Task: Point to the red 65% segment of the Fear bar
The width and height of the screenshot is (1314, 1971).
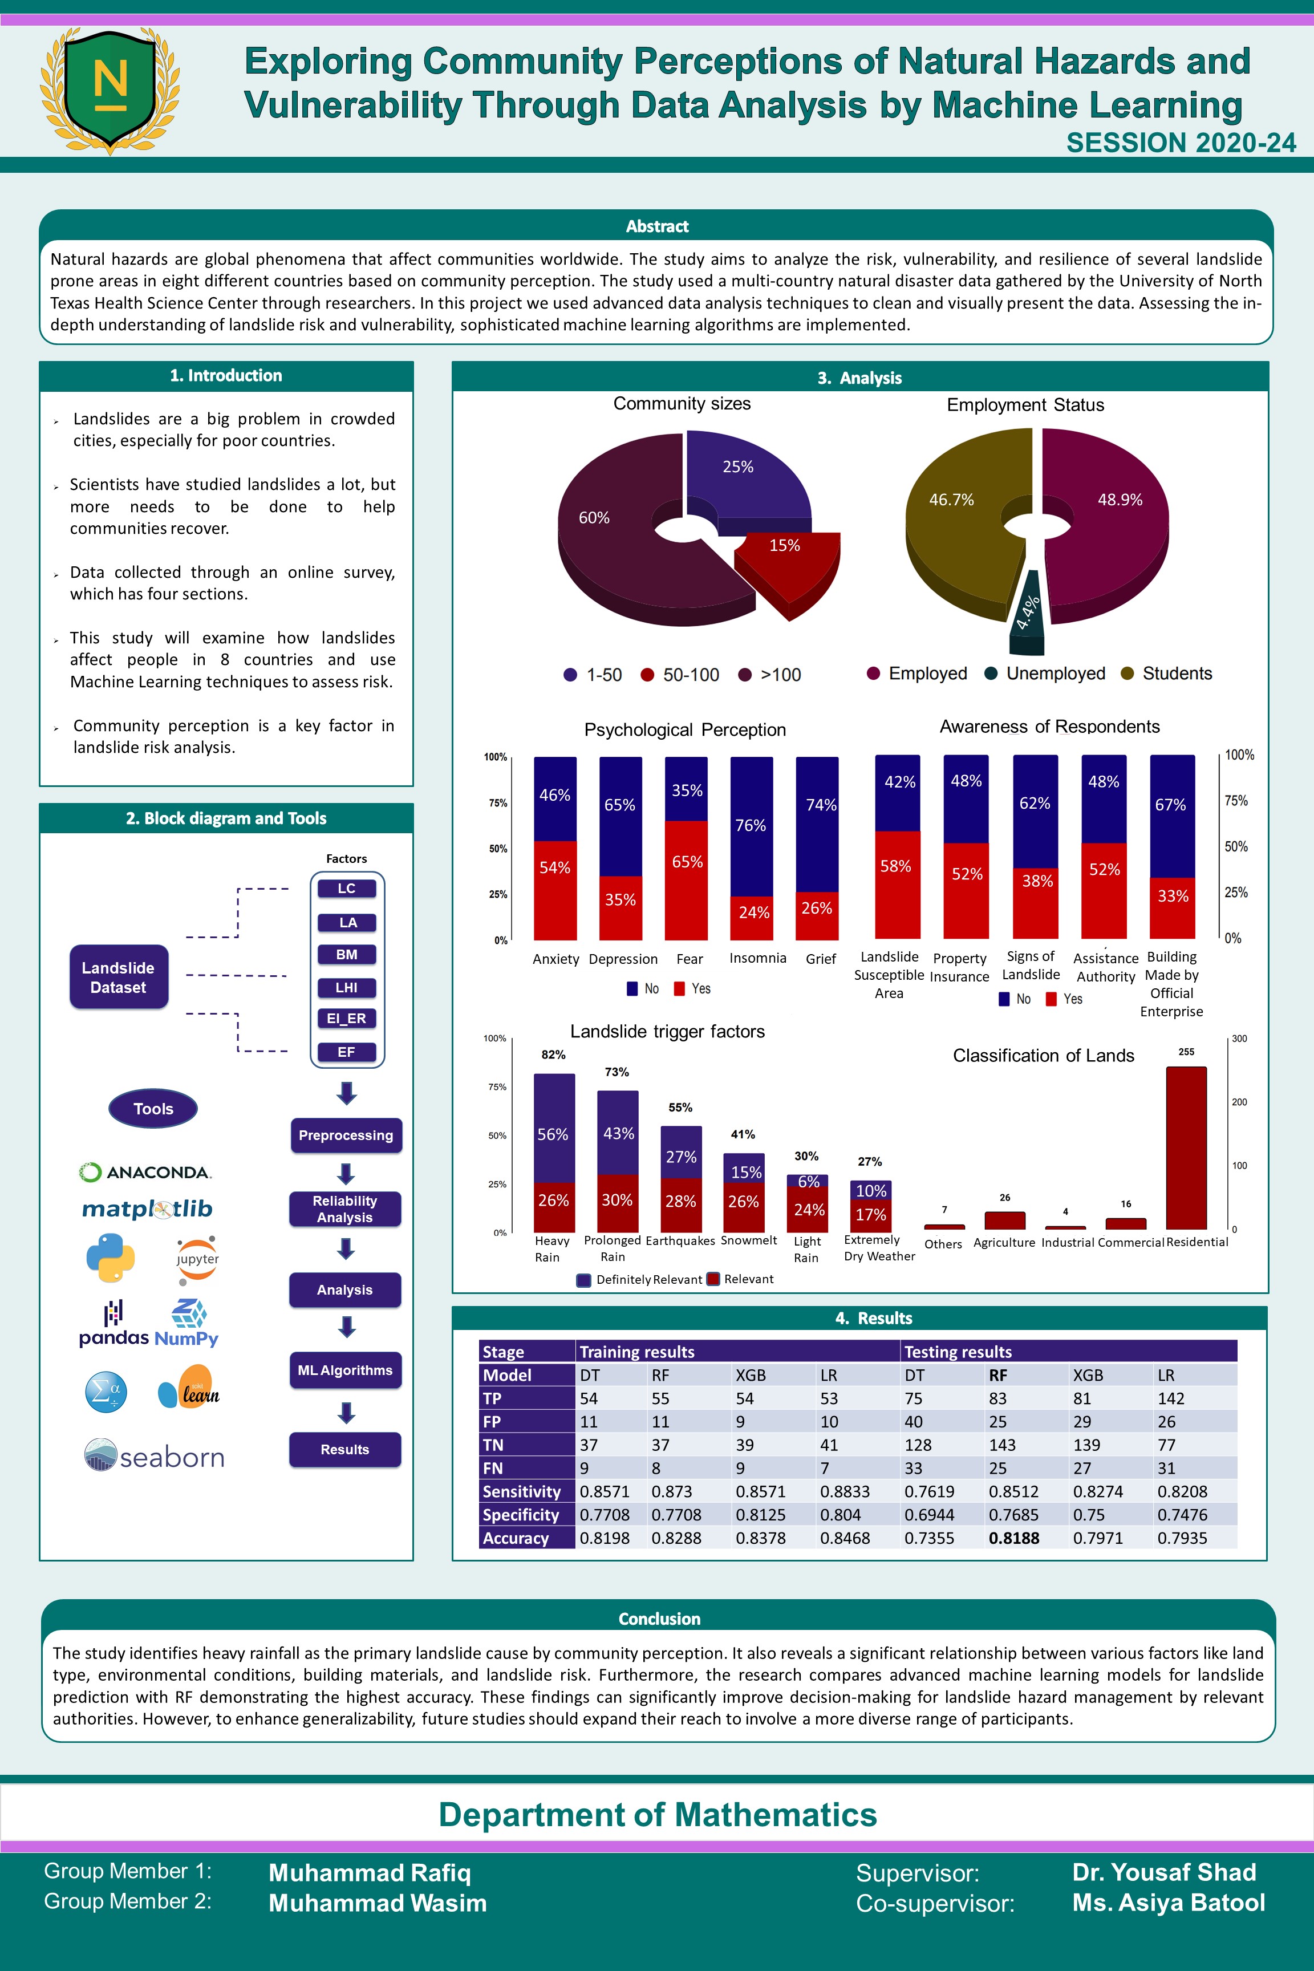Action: [x=686, y=880]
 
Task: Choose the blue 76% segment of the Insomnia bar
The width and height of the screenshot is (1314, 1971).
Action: [x=752, y=826]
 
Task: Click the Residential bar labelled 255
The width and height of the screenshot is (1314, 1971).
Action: [x=1186, y=1147]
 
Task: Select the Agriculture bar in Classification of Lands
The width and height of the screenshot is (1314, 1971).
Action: [x=1005, y=1220]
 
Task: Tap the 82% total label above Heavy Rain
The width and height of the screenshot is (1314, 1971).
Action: [x=553, y=1054]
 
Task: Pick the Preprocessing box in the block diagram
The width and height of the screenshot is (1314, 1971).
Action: [x=346, y=1135]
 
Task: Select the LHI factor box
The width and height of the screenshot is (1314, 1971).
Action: [x=347, y=987]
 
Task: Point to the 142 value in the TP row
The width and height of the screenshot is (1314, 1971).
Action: [x=1171, y=1398]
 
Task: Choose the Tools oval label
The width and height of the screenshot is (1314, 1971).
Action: [x=153, y=1109]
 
